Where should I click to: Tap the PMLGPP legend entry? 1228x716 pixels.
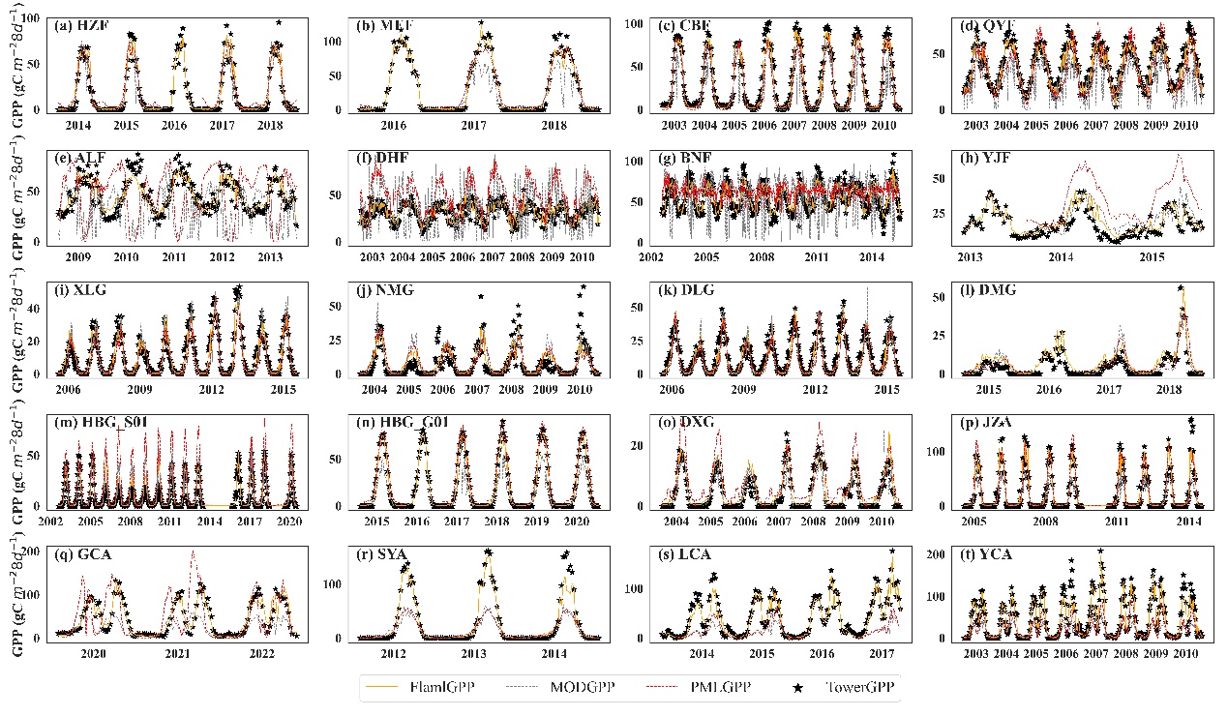707,688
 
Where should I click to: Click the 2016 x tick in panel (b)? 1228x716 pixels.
393,126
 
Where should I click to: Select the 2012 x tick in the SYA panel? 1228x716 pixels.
393,654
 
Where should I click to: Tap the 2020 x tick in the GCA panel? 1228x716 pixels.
92,654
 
